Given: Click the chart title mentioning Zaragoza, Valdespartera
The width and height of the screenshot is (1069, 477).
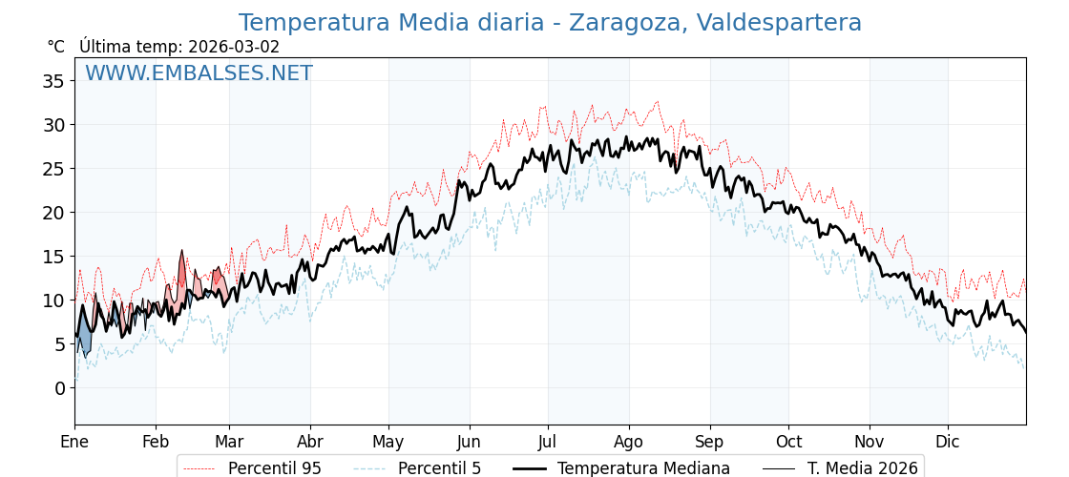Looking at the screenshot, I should [550, 23].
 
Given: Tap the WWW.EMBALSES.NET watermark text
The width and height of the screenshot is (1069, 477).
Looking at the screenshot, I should [199, 73].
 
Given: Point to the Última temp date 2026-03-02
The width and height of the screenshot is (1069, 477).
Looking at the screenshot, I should [234, 47].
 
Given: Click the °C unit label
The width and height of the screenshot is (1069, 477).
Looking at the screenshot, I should [56, 47].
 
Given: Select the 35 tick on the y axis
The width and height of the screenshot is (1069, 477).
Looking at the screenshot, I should [53, 81].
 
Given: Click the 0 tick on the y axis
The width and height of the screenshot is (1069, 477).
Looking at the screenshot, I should [59, 388].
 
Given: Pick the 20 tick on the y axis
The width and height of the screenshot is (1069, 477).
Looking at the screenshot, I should [53, 213].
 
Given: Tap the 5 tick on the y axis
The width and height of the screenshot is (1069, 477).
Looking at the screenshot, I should [59, 344].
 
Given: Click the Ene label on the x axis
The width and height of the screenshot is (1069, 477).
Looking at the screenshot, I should [74, 442].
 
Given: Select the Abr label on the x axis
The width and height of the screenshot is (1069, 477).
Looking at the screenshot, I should [310, 442].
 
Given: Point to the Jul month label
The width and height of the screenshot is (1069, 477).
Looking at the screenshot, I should [548, 442].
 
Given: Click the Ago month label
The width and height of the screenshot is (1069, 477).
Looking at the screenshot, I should [629, 442].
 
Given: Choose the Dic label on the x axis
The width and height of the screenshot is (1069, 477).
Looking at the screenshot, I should [948, 442].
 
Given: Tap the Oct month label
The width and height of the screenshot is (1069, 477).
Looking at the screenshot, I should [788, 442].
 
